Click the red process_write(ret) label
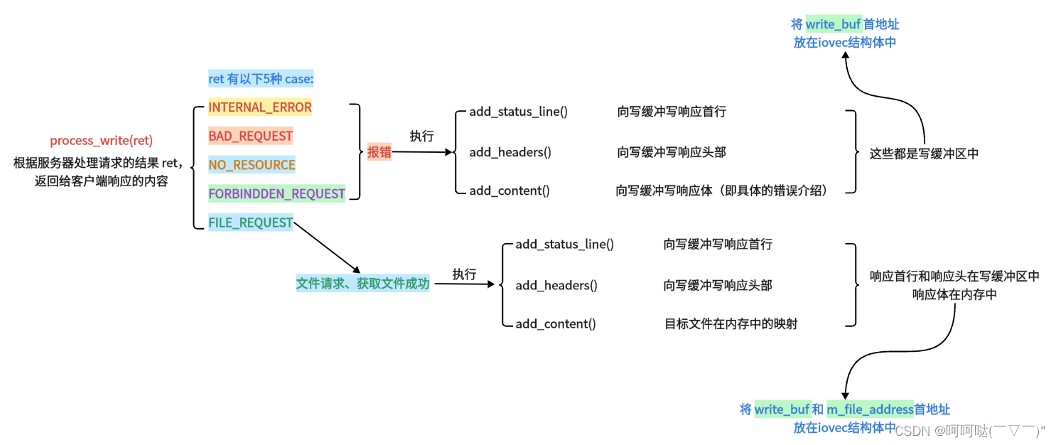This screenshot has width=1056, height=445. click(101, 141)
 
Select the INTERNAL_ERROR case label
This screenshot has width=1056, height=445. click(259, 107)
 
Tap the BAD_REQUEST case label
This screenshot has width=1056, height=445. click(250, 136)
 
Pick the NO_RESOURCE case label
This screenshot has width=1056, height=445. click(252, 165)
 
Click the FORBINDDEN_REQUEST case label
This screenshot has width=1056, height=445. click(276, 193)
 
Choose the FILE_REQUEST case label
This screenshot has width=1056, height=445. click(250, 222)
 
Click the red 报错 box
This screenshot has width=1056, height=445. click(379, 151)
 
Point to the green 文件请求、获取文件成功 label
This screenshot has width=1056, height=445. click(362, 284)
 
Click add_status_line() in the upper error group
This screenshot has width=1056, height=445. click(518, 112)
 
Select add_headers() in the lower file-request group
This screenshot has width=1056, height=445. click(556, 285)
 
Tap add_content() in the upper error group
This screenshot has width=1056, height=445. click(509, 191)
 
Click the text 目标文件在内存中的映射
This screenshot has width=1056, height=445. click(731, 324)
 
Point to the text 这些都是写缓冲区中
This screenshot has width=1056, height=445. click(924, 153)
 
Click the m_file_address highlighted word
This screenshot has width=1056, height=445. click(870, 409)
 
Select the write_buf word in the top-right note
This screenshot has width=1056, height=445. click(833, 25)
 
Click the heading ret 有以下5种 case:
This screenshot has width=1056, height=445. click(260, 78)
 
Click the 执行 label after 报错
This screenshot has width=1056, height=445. click(421, 136)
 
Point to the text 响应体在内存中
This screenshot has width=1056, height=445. click(954, 294)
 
